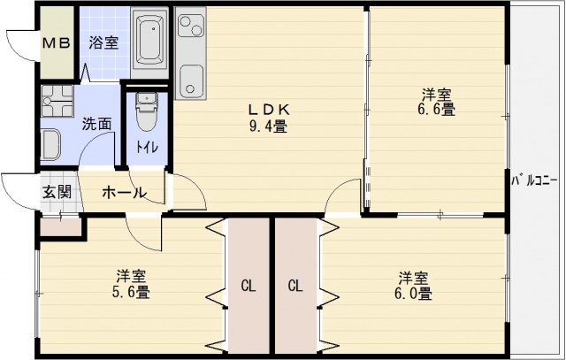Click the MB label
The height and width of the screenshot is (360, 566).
(x=57, y=42)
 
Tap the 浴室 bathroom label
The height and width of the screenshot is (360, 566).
(x=103, y=42)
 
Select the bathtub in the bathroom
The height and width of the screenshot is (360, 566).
(x=150, y=40)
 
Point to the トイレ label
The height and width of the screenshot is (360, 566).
(x=147, y=147)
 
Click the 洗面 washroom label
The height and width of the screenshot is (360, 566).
(x=96, y=124)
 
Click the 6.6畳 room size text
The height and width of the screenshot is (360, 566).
(x=437, y=110)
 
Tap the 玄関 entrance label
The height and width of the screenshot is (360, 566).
(x=57, y=192)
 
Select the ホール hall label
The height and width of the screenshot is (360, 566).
(x=123, y=192)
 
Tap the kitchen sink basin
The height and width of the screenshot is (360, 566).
(x=190, y=82)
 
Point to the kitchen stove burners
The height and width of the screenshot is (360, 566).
(x=190, y=28)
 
